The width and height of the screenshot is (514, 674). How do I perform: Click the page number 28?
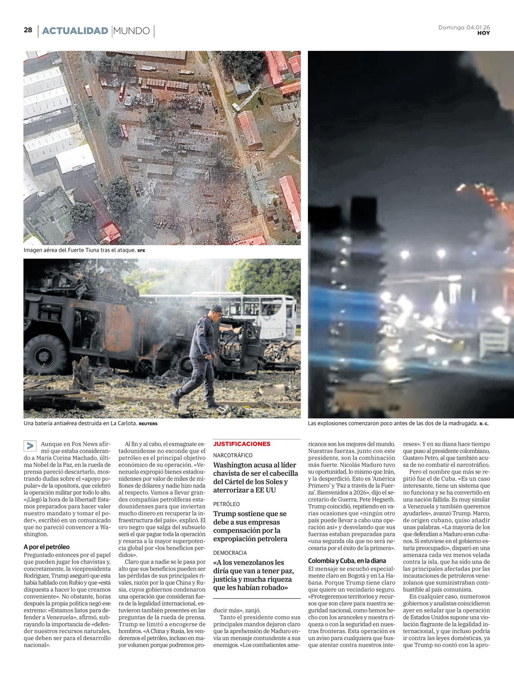(x=28, y=30)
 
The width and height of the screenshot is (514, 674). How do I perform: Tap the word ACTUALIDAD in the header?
(x=75, y=31)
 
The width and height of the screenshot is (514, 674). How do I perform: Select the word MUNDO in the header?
(x=132, y=31)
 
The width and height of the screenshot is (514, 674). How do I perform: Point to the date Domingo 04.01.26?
(x=464, y=27)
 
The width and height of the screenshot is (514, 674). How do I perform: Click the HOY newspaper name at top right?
(x=484, y=33)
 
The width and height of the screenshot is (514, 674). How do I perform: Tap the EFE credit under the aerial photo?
(x=141, y=250)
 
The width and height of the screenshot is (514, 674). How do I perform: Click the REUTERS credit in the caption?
(x=148, y=424)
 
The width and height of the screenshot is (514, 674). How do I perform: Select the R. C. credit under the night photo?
(x=484, y=424)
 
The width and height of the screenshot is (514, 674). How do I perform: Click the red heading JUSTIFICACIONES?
(x=242, y=444)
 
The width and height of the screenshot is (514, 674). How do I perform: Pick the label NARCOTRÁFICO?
(x=233, y=455)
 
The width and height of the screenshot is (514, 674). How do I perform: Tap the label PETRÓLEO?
(x=227, y=504)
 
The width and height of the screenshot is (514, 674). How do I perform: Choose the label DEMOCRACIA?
(x=230, y=553)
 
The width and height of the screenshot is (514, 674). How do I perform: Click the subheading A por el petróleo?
(x=47, y=546)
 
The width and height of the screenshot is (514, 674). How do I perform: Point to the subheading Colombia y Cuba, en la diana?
(x=347, y=561)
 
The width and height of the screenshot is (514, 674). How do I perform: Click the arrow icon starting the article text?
(x=30, y=445)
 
